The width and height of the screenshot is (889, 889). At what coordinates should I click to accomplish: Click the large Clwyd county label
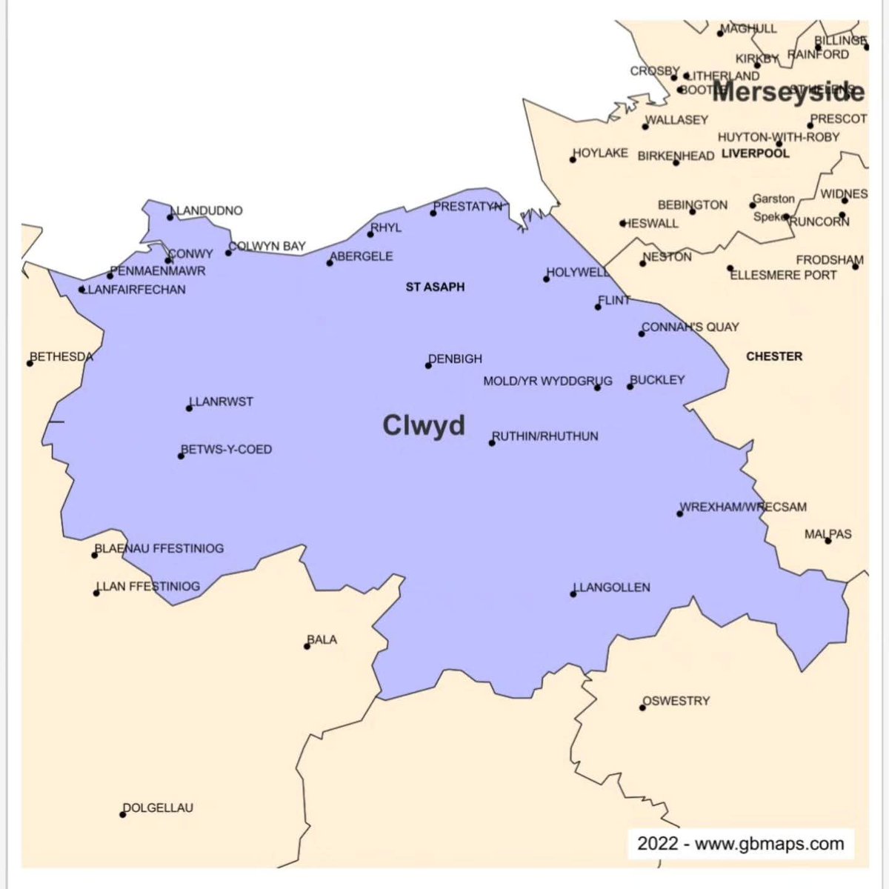(x=424, y=425)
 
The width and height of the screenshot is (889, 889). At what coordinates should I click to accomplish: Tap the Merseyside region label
(x=788, y=92)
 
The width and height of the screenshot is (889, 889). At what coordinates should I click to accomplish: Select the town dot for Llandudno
(x=171, y=217)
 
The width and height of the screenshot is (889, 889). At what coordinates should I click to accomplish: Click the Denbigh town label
(x=456, y=359)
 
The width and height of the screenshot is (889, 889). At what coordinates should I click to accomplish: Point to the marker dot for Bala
(x=307, y=646)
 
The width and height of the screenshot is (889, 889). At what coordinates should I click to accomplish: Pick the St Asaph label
(x=435, y=287)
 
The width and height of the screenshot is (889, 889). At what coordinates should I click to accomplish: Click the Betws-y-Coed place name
(x=227, y=449)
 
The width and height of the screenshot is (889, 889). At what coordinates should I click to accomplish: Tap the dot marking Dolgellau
(x=123, y=815)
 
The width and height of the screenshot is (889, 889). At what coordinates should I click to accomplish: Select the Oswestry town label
(x=676, y=701)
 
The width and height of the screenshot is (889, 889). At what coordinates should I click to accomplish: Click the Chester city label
(x=774, y=356)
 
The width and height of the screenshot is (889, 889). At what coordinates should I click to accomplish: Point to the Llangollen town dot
(x=573, y=594)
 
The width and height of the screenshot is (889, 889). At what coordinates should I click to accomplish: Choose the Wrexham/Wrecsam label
(x=743, y=507)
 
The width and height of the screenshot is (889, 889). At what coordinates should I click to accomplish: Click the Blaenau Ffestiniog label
(x=159, y=548)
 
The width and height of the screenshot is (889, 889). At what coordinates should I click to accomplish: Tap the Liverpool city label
(x=756, y=153)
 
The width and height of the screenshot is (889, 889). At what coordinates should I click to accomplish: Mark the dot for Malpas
(x=828, y=541)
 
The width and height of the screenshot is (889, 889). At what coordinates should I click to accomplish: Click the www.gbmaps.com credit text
(x=769, y=844)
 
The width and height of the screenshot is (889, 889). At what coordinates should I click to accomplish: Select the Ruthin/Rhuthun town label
(x=545, y=436)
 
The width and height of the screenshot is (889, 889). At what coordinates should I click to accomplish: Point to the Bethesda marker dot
(x=30, y=363)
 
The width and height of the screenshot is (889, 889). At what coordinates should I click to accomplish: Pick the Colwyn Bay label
(x=267, y=246)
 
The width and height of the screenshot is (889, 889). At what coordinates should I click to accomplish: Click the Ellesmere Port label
(x=783, y=275)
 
